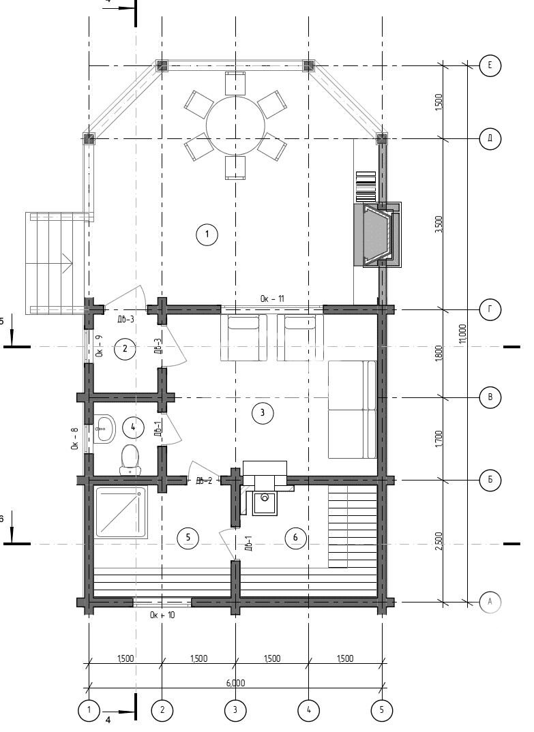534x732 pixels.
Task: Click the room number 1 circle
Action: click(207, 235)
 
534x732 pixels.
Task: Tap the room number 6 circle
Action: click(295, 538)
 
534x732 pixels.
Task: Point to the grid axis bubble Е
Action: click(490, 65)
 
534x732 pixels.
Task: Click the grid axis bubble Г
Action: click(490, 310)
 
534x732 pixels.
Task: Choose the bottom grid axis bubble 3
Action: click(235, 710)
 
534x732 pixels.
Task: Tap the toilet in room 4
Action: click(130, 458)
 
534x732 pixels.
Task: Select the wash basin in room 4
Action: click(104, 429)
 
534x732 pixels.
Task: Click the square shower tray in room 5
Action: click(121, 512)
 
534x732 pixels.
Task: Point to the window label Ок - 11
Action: click(273, 299)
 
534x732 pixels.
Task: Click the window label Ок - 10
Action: click(162, 615)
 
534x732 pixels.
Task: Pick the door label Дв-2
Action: click(204, 481)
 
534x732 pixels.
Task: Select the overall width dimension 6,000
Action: click(235, 683)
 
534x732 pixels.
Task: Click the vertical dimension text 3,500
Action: click(439, 224)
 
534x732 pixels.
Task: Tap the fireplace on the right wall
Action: click(377, 234)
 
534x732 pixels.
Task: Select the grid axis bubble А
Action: click(490, 602)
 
